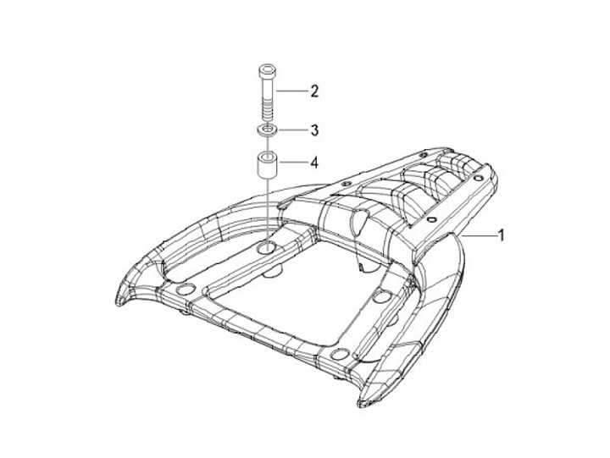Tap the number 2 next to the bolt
pyautogui.click(x=313, y=90)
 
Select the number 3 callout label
pyautogui.click(x=313, y=130)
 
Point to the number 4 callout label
pyautogui.click(x=313, y=161)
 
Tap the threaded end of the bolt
pyautogui.click(x=269, y=112)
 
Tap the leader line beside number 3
pyautogui.click(x=292, y=130)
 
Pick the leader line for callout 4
pyautogui.click(x=293, y=161)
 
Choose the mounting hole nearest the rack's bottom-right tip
pyautogui.click(x=341, y=353)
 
